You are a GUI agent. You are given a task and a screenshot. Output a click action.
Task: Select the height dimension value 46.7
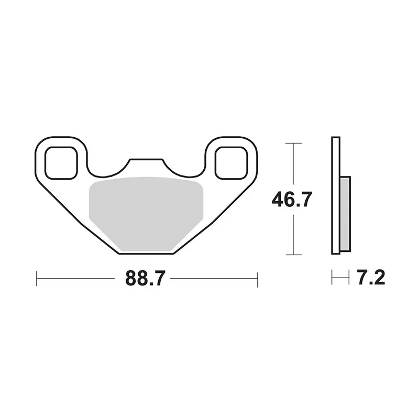[292, 200]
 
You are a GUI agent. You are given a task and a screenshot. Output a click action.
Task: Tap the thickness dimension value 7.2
[371, 278]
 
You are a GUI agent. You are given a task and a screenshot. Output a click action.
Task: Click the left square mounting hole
[61, 163]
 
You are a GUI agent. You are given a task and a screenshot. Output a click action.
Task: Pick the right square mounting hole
[231, 163]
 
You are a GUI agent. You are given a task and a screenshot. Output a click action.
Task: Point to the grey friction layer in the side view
[345, 214]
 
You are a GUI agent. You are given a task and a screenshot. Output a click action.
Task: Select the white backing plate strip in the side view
[336, 195]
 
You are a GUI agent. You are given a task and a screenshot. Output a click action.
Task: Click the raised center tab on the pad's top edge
[146, 160]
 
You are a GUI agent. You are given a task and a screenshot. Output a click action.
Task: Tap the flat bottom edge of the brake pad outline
[146, 253]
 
